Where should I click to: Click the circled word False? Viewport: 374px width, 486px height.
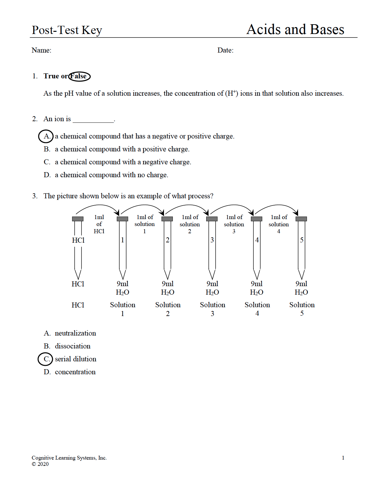[79, 76]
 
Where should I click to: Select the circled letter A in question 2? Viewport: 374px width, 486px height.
[46, 136]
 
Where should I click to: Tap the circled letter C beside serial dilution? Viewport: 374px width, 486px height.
[46, 359]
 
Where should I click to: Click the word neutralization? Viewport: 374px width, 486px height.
[75, 333]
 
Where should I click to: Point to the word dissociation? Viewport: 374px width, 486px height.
[72, 346]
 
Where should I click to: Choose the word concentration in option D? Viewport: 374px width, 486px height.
[75, 372]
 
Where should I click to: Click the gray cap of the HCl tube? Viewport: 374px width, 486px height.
[78, 219]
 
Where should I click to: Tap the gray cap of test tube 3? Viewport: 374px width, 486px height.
[212, 219]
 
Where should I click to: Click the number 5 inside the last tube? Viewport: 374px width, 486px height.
[302, 240]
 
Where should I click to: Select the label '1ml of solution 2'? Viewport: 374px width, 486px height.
[190, 224]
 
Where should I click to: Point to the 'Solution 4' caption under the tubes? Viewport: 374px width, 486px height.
[257, 309]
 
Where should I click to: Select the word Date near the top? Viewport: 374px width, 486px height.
[225, 50]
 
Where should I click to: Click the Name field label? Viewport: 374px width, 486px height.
[41, 50]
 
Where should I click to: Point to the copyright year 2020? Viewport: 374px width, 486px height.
[43, 464]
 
